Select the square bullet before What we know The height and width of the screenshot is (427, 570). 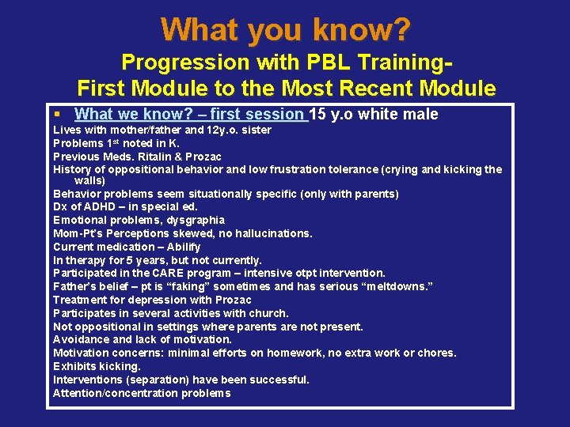[x=59, y=115]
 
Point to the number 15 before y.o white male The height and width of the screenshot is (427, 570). [x=318, y=115]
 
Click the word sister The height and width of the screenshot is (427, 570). [x=254, y=130]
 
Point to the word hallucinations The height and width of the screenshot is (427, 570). [x=274, y=233]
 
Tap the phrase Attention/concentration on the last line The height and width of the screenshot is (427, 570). [x=112, y=393]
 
